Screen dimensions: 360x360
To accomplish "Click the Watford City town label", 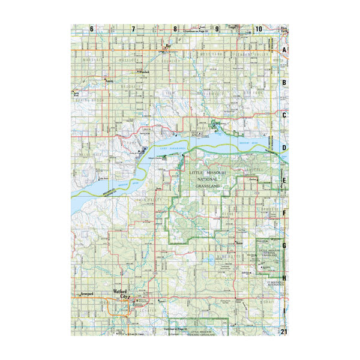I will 121,294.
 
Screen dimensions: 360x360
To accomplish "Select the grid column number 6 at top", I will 92,29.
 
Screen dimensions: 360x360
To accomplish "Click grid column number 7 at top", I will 133,29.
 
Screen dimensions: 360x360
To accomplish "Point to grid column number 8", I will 175,29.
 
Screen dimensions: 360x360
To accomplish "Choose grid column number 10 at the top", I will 258,29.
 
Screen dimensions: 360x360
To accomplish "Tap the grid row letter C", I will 285,115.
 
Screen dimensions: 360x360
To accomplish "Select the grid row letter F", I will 285,212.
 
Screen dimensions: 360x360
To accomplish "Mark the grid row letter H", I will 285,278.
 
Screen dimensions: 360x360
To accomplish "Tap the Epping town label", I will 110,79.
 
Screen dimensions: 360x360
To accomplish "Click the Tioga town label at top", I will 233,27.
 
